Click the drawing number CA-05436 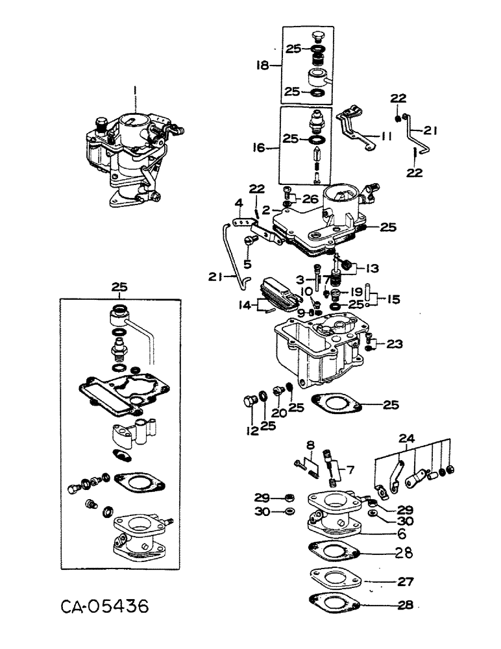point(105,607)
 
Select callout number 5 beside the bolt point(247,263)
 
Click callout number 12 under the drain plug point(249,429)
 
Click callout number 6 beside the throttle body point(402,534)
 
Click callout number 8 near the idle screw point(310,445)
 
